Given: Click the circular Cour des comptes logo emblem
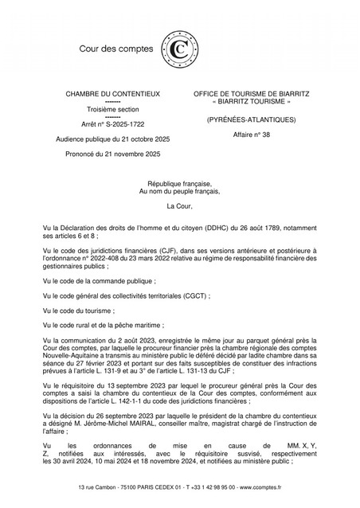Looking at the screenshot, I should click(176, 49).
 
